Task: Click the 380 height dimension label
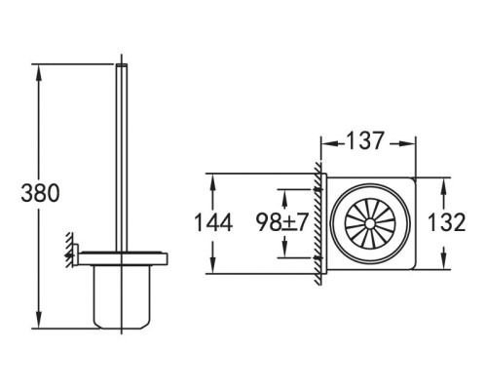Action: tap(40, 193)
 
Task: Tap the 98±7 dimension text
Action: tap(282, 223)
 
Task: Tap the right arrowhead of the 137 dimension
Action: tap(415, 142)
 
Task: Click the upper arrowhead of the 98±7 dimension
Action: tap(282, 193)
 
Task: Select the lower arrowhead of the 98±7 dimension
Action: tap(282, 253)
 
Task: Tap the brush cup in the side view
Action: tap(122, 297)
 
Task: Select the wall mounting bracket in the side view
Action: tap(72, 253)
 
